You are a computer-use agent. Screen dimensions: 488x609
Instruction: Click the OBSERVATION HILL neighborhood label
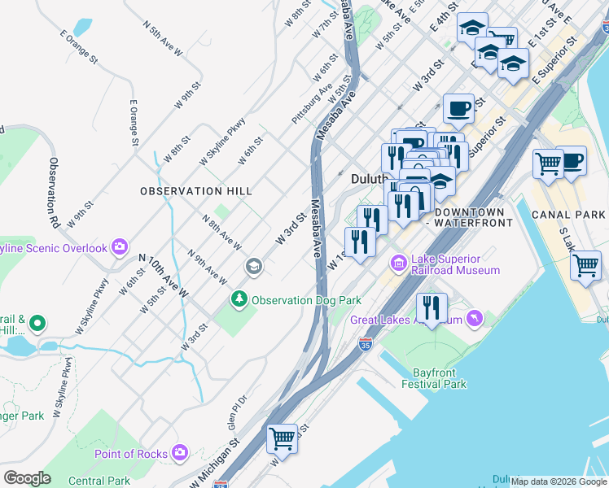(195, 190)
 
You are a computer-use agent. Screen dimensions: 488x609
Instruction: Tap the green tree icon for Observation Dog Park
(239, 299)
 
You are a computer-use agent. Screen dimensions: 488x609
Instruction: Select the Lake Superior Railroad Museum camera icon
(399, 263)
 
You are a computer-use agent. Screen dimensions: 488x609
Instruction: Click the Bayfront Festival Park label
(434, 377)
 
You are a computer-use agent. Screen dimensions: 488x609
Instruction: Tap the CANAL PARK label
(563, 215)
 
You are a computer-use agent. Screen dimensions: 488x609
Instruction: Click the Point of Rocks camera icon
(180, 452)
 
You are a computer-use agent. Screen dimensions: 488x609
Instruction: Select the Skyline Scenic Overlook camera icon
(120, 246)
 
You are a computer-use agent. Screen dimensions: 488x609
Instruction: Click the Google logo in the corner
(28, 478)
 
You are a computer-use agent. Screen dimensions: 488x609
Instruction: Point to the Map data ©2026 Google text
(559, 481)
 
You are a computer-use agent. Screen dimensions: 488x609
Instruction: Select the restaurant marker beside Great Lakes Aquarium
(432, 307)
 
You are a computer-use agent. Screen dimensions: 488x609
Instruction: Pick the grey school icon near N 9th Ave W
(253, 266)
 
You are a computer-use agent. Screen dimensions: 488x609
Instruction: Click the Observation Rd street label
(55, 193)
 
